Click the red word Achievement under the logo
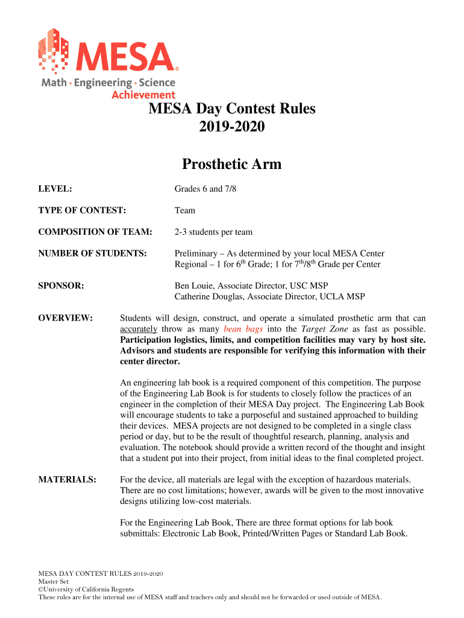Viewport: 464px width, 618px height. click(x=143, y=95)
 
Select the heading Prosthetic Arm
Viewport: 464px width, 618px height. click(x=232, y=164)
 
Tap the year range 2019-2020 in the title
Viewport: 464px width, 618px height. click(x=232, y=129)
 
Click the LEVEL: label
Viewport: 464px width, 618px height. click(x=55, y=190)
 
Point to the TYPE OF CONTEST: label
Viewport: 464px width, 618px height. click(x=82, y=211)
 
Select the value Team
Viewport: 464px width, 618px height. click(x=185, y=211)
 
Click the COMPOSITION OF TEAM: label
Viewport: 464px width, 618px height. click(x=95, y=232)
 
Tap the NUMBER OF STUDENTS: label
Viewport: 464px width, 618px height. click(x=92, y=253)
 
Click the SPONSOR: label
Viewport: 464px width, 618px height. click(x=60, y=285)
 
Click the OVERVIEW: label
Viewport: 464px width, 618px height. click(x=65, y=318)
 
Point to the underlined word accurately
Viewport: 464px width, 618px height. click(x=139, y=330)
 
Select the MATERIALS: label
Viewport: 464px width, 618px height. click(x=67, y=480)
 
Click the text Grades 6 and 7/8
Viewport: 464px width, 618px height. click(x=205, y=190)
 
